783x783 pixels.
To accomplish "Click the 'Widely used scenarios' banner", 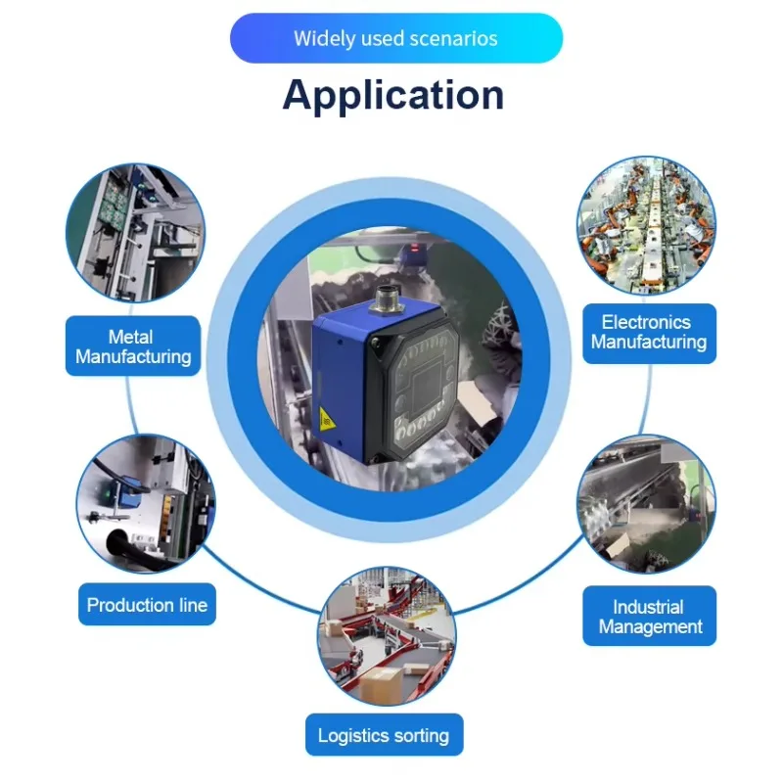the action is tap(396, 38).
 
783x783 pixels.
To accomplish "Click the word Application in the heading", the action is tap(393, 95).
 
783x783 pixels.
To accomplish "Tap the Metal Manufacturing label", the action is tap(133, 346).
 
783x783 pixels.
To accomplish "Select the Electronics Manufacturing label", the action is tap(649, 333).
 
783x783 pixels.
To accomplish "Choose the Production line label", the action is tap(148, 604).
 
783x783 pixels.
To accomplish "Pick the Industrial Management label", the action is tap(650, 617).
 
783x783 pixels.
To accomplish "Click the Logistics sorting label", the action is tap(384, 735).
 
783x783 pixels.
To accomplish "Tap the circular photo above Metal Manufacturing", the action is tap(135, 233).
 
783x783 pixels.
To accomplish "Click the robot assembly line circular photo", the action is tap(646, 226).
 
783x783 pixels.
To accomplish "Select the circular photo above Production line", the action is tap(146, 504).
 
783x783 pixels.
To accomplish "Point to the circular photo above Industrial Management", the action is tap(646, 504).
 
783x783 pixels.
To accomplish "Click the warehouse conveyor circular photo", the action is tap(387, 636).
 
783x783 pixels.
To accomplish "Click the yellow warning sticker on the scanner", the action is tap(327, 420).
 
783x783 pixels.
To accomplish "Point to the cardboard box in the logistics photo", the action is tap(382, 683).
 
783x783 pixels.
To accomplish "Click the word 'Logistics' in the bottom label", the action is tap(352, 736).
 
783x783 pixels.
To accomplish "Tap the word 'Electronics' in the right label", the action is tap(646, 323).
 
